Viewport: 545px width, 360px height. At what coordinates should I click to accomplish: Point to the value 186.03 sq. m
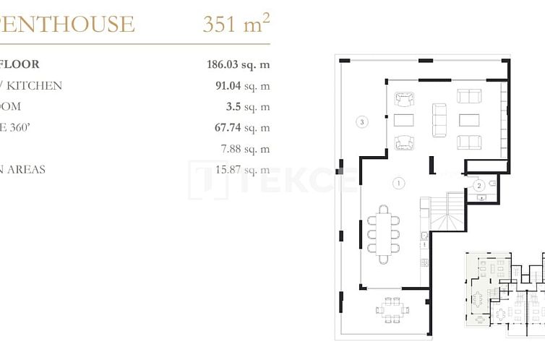[x=238, y=64]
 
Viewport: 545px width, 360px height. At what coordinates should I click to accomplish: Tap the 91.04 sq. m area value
[x=238, y=85]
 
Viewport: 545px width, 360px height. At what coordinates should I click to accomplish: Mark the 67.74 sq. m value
[x=238, y=127]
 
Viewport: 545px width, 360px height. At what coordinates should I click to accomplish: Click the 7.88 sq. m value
[x=245, y=149]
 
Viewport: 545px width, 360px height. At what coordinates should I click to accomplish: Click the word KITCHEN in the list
[x=36, y=85]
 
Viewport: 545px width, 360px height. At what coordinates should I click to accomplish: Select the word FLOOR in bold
[x=20, y=64]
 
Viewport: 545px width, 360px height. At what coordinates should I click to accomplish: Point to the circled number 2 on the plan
[x=478, y=186]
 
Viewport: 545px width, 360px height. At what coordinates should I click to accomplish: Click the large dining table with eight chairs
[x=383, y=233]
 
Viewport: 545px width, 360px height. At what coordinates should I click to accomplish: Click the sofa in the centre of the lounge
[x=439, y=120]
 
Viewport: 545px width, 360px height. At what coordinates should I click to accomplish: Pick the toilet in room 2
[x=492, y=185]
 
